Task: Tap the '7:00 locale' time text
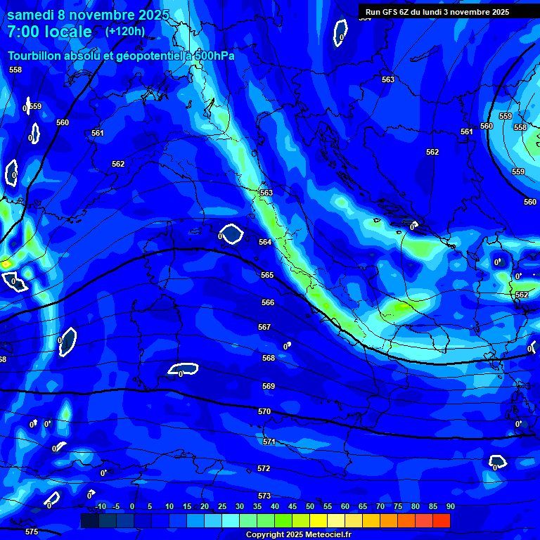pos(50,32)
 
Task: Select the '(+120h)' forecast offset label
pos(125,31)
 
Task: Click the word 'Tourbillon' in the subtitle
pos(37,56)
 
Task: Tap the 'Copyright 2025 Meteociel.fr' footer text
pos(298,535)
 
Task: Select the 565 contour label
pos(267,275)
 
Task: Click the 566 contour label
pos(268,302)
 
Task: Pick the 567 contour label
pos(264,327)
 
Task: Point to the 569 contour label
pos(268,386)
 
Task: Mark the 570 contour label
pos(264,411)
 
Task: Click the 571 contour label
pos(269,442)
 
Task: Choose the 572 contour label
pos(264,468)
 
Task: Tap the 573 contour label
pos(264,496)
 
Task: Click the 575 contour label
pos(32,532)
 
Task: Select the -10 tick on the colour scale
pos(100,506)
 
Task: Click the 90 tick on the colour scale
pos(450,506)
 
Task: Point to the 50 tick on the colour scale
pos(310,506)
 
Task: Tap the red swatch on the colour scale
pos(441,520)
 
